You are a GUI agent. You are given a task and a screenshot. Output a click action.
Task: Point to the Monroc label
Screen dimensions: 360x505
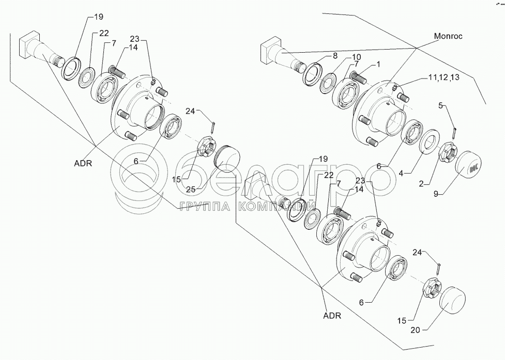coord(447,37)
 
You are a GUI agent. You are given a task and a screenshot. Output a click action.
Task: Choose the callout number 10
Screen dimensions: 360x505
coord(357,57)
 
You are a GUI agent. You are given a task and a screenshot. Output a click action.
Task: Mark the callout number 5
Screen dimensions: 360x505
coord(441,106)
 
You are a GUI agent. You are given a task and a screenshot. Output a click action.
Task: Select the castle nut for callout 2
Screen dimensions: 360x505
coord(447,153)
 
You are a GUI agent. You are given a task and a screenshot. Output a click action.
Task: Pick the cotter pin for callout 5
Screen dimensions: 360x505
coord(454,133)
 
